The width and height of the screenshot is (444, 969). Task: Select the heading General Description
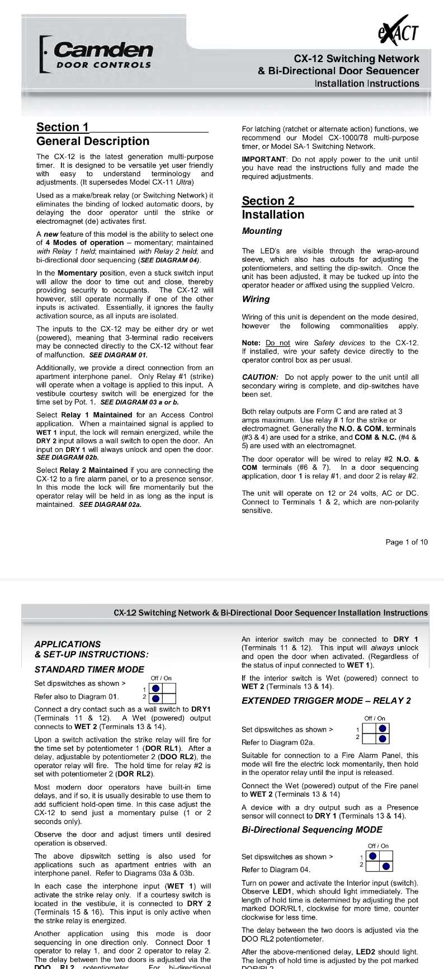[93, 141]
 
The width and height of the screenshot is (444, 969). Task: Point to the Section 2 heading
[268, 201]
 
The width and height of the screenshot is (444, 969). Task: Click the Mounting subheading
[262, 231]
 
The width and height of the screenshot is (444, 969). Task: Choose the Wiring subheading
[256, 299]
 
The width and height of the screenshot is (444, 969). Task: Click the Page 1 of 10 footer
[407, 542]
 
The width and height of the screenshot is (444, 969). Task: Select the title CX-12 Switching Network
[356, 59]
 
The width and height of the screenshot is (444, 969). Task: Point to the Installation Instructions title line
[366, 83]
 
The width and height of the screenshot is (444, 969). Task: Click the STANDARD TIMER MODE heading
[89, 670]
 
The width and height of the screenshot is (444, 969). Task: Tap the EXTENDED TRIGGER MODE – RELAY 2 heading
[326, 700]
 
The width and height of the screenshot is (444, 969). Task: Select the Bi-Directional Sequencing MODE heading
[304, 830]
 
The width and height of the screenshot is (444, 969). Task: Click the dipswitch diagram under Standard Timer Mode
[162, 693]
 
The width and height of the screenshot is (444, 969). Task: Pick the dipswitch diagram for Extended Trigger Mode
[376, 733]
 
